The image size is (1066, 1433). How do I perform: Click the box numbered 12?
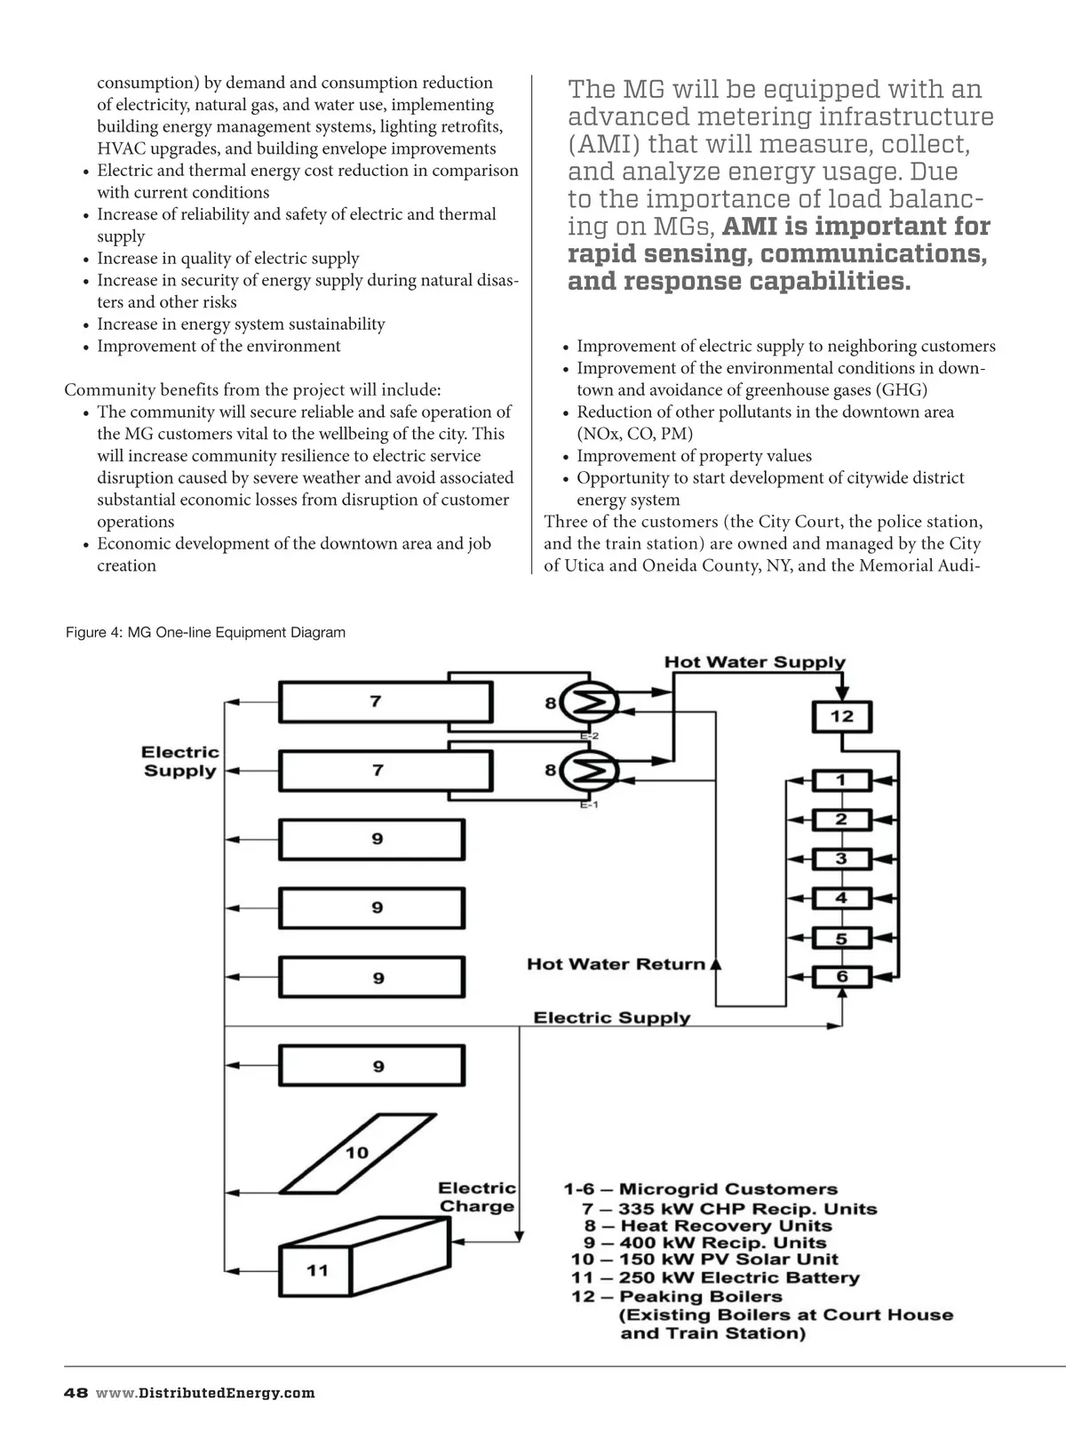click(x=841, y=716)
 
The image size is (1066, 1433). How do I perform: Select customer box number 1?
click(x=840, y=781)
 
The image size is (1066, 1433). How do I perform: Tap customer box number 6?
click(x=840, y=977)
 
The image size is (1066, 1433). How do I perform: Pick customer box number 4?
click(x=840, y=899)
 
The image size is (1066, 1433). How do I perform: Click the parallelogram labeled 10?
click(x=357, y=1153)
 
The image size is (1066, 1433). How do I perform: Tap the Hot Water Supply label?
click(x=754, y=662)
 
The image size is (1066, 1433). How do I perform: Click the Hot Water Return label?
click(x=616, y=965)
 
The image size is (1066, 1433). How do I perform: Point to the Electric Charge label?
click(x=477, y=1197)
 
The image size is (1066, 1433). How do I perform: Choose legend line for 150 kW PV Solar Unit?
click(x=704, y=1260)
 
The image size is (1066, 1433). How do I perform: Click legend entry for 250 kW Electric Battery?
click(x=715, y=1278)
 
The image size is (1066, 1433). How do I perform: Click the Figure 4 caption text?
click(x=205, y=633)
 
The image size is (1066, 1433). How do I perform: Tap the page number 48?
click(x=76, y=1393)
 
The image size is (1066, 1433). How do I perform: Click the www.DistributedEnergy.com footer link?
click(x=205, y=1393)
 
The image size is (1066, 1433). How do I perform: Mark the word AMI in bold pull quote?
click(x=751, y=227)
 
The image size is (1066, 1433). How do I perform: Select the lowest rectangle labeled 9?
click(x=372, y=1065)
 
